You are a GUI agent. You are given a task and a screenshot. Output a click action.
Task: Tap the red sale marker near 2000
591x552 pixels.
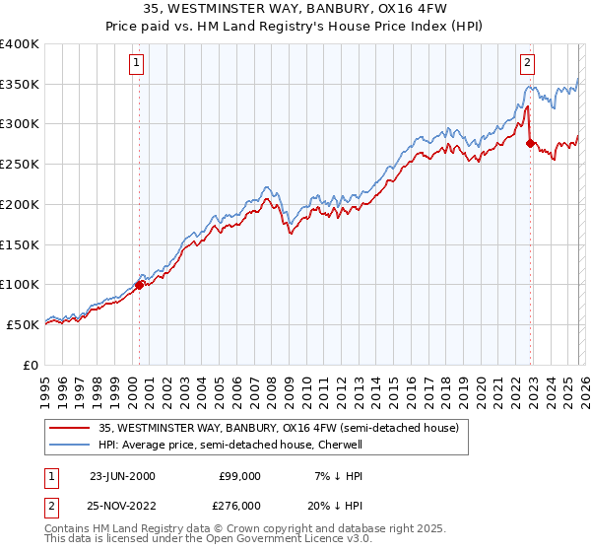[140, 285]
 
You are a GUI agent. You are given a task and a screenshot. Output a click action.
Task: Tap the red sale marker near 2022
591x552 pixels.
[531, 144]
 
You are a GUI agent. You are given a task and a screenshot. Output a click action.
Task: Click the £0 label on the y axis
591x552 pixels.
[30, 365]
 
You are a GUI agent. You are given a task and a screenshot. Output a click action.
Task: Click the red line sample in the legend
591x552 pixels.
[71, 428]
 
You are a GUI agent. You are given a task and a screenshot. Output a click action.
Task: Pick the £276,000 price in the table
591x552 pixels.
[240, 506]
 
